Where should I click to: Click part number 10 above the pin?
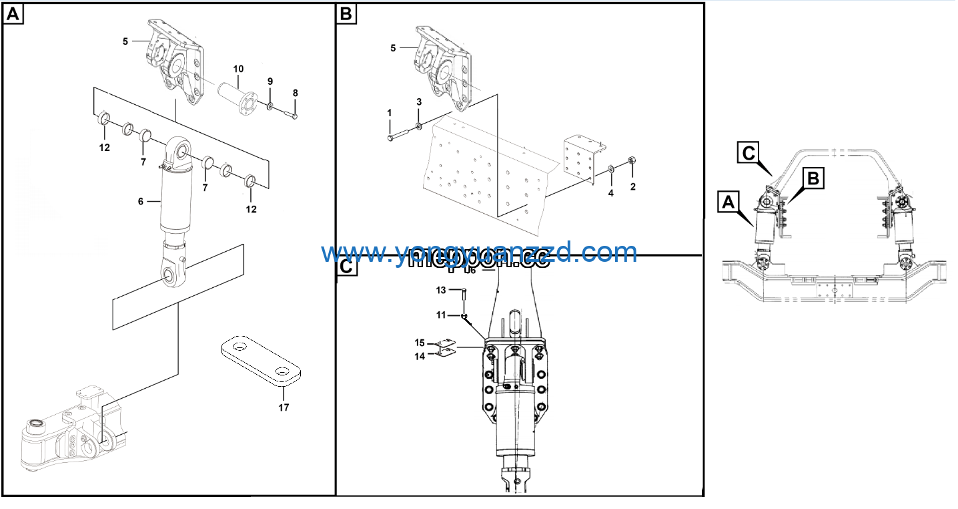238,69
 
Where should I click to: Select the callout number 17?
284,407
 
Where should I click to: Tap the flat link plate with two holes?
260,361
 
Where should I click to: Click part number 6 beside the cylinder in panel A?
141,200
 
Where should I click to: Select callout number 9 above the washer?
270,81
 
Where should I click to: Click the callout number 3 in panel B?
419,102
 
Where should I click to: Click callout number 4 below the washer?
610,194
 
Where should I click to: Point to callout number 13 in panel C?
440,290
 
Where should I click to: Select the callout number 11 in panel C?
440,315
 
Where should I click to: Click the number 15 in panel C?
420,343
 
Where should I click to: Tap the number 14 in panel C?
420,357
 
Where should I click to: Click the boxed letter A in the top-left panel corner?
13,14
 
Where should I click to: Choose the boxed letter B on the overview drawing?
813,178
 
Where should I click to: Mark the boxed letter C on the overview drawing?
749,153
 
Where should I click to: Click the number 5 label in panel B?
393,48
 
